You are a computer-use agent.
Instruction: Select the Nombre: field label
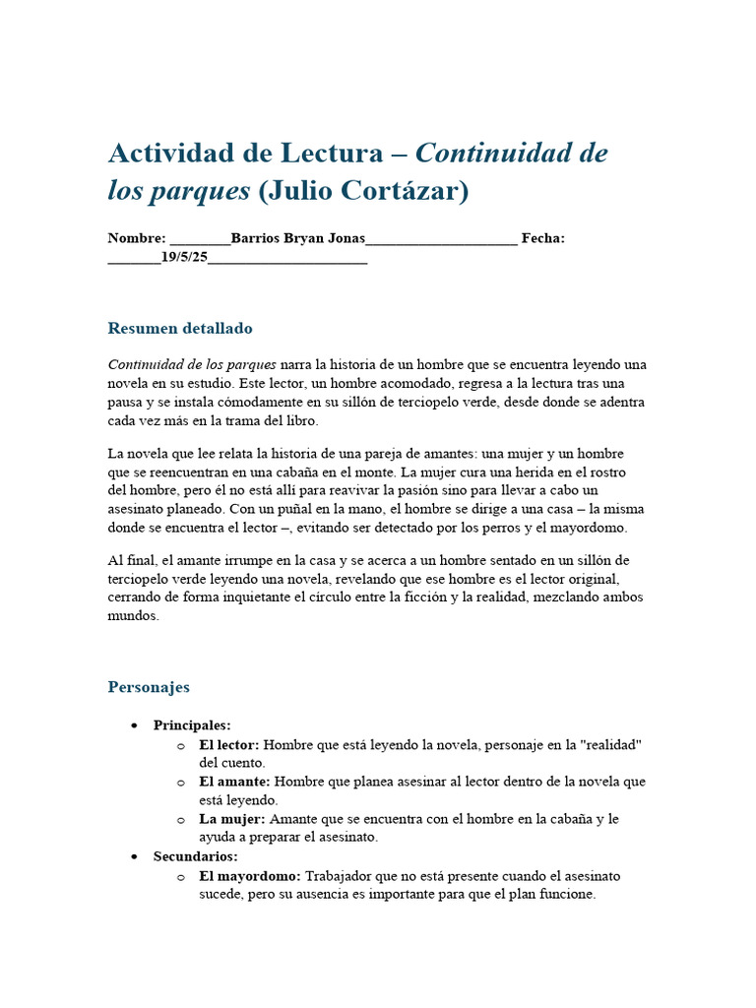pyautogui.click(x=137, y=238)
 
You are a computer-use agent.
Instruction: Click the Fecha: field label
pyautogui.click(x=542, y=238)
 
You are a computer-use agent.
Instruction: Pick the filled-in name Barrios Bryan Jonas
pyautogui.click(x=297, y=238)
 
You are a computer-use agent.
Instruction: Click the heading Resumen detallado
pyautogui.click(x=180, y=328)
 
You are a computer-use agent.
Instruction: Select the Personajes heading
pyautogui.click(x=149, y=686)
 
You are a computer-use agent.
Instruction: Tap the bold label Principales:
pyautogui.click(x=192, y=725)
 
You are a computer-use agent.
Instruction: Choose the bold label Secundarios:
pyautogui.click(x=195, y=856)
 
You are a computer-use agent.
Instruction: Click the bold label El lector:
pyautogui.click(x=229, y=744)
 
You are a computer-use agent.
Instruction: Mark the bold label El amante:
pyautogui.click(x=232, y=782)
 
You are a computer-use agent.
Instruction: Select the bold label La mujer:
pyautogui.click(x=232, y=819)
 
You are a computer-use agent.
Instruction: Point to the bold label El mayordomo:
pyautogui.click(x=250, y=875)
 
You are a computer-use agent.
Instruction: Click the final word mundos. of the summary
pyautogui.click(x=133, y=616)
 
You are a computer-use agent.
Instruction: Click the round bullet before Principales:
pyautogui.click(x=133, y=725)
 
